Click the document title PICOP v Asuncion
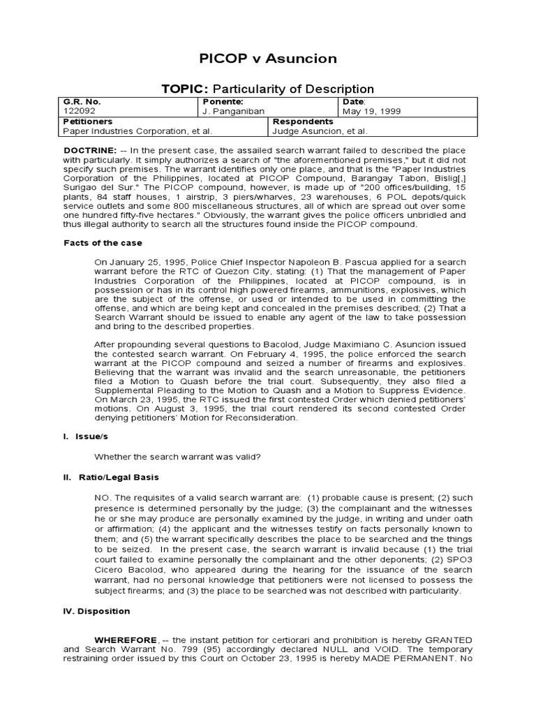tap(268, 59)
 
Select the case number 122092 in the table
tap(77, 110)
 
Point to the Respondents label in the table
tap(302, 121)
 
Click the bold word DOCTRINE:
tap(90, 151)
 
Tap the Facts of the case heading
tap(103, 243)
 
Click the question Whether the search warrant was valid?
tap(178, 457)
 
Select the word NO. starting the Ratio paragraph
tap(103, 498)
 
